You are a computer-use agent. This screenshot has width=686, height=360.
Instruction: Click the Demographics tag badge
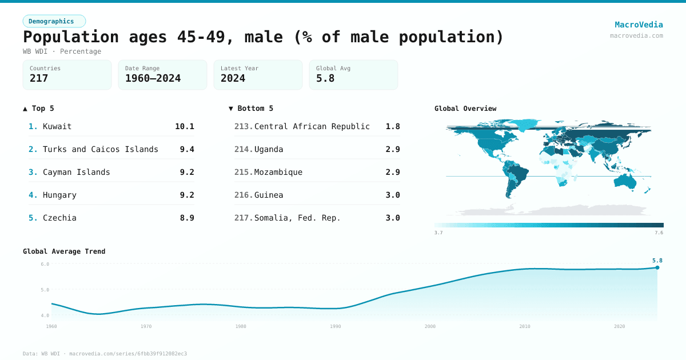click(54, 21)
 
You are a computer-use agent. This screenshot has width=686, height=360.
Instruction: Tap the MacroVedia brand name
click(639, 25)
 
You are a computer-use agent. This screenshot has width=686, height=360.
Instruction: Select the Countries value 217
click(39, 78)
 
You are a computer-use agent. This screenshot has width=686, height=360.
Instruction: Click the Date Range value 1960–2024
click(153, 78)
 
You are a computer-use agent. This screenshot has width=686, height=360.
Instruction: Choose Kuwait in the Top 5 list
click(57, 126)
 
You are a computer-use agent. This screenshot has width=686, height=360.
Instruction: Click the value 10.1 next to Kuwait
click(184, 126)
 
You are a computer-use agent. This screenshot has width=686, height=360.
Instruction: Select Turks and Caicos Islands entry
click(100, 149)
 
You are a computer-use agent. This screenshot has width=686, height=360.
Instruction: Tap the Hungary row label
click(59, 195)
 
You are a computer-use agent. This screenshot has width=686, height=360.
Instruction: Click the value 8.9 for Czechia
click(186, 218)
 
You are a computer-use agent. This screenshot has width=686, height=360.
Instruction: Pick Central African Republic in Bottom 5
click(312, 126)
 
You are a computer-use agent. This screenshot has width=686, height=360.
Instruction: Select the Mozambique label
click(278, 172)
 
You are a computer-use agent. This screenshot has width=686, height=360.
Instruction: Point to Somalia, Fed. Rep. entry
click(297, 218)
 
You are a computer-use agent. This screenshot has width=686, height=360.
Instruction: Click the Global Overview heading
click(465, 109)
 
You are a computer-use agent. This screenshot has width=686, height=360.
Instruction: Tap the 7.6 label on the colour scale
click(659, 233)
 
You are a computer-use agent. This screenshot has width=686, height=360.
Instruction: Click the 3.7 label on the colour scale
click(438, 233)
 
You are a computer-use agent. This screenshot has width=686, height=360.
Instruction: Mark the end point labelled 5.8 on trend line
click(657, 267)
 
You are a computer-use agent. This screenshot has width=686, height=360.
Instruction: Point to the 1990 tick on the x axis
click(336, 326)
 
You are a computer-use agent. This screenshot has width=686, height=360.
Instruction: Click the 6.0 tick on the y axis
click(45, 264)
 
